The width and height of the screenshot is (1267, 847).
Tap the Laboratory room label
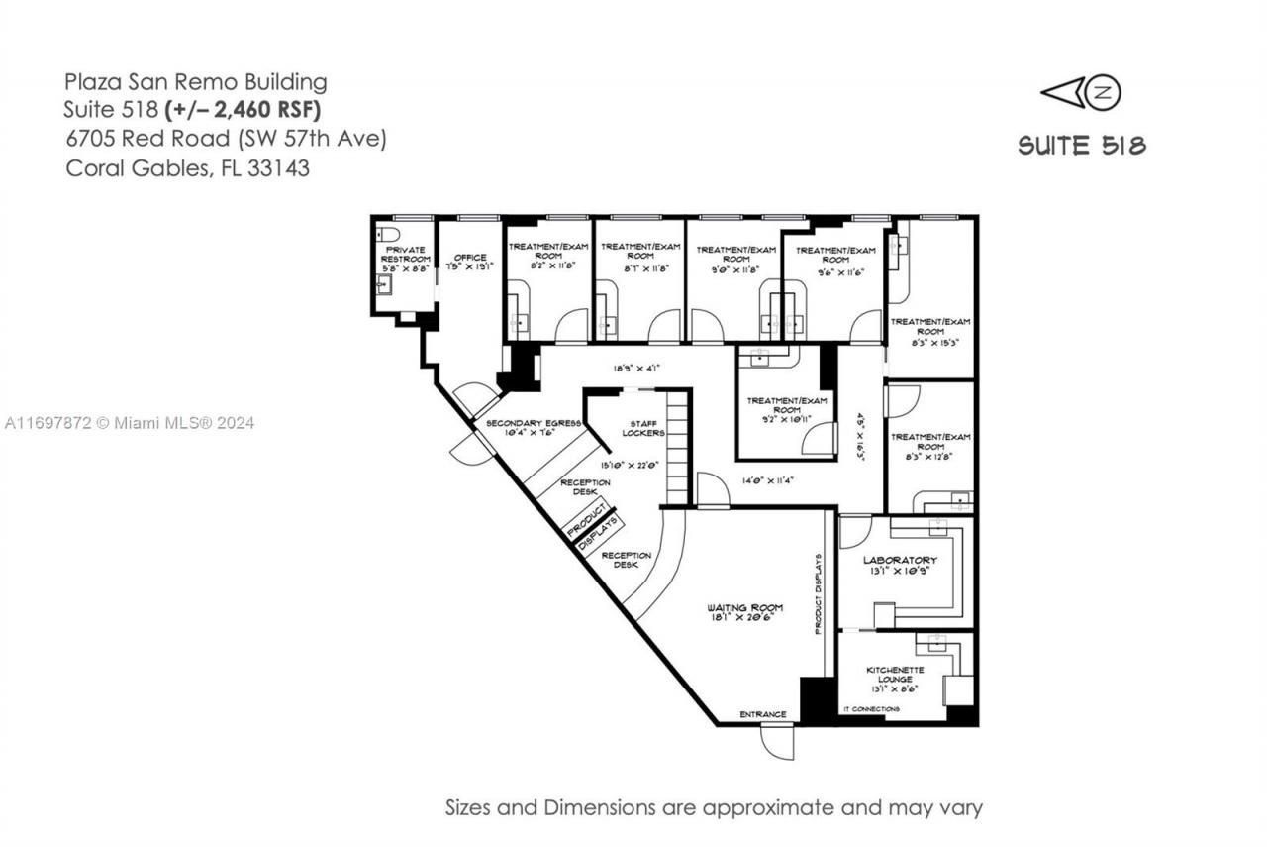point(900,565)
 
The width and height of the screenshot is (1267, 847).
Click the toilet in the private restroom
point(388,234)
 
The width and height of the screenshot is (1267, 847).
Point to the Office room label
point(470,262)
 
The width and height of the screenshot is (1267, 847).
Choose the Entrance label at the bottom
point(763,714)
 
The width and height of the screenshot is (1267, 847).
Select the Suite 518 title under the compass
point(1082,146)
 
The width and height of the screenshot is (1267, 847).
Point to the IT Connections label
point(871,709)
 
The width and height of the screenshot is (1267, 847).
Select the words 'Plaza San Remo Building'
point(196,81)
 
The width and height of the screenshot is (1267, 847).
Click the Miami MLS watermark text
point(129,423)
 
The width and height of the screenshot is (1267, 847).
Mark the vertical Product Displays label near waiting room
point(820,593)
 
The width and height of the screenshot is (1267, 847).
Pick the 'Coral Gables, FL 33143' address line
point(188,168)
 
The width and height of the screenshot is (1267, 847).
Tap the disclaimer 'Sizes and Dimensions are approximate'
point(714,807)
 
